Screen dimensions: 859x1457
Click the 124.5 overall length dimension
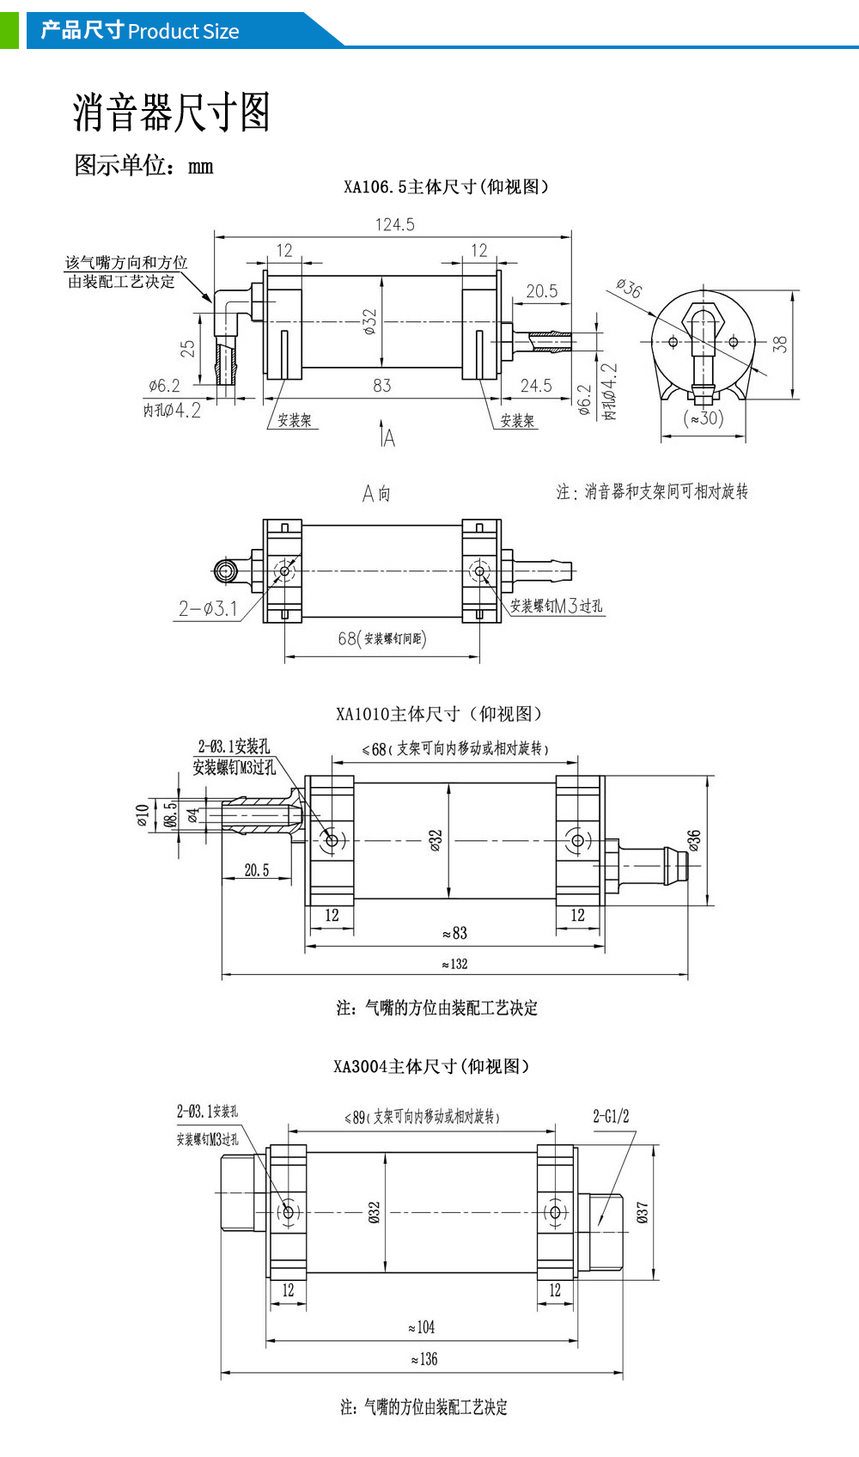point(395,224)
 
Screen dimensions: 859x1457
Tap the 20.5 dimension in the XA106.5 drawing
point(542,290)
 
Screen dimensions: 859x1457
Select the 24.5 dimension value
point(536,386)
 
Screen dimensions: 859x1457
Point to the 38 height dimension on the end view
point(780,344)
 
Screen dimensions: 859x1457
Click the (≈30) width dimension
point(703,418)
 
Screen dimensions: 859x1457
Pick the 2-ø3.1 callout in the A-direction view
point(208,609)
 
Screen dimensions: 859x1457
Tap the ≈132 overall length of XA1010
point(454,964)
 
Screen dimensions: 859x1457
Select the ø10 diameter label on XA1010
point(143,815)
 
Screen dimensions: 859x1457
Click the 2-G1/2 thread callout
point(611,1116)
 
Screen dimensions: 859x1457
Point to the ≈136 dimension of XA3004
point(424,1359)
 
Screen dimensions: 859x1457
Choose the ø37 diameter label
point(642,1212)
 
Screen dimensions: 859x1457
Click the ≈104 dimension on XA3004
point(422,1327)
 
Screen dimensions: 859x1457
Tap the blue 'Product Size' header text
point(183,31)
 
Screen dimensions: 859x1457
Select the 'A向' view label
point(376,494)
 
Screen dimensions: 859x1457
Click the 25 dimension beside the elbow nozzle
point(187,350)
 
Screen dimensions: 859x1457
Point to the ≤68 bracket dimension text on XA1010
point(456,748)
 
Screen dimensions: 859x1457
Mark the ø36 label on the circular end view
point(629,288)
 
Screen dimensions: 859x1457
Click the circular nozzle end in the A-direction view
point(225,571)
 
